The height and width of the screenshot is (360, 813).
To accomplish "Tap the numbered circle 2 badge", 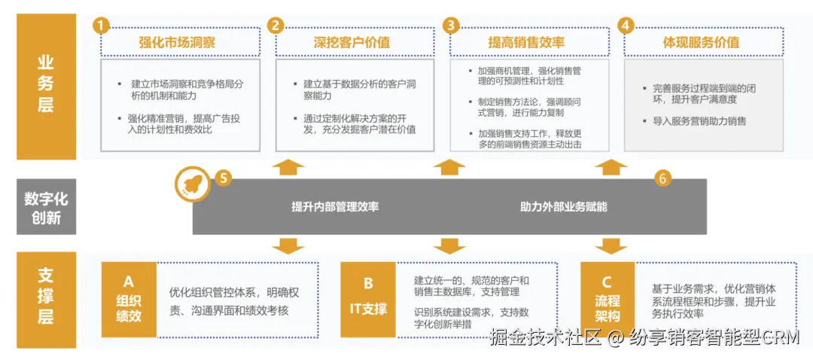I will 276,26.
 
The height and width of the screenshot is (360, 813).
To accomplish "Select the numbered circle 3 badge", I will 451,26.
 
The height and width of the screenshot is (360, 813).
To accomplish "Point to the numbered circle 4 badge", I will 626,26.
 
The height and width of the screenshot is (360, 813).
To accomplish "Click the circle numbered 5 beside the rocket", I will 223,178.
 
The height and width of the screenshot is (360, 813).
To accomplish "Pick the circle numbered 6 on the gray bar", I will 662,178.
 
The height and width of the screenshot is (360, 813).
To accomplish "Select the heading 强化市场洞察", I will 177,42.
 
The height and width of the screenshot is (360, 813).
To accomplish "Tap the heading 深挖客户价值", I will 352,42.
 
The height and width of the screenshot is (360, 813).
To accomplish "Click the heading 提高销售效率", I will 526,42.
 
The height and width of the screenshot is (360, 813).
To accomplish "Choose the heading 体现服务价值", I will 701,42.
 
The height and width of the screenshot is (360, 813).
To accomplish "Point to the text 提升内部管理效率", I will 335,206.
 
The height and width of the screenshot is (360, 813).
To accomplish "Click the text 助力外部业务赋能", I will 564,206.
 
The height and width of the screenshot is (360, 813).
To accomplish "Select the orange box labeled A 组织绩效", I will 129,299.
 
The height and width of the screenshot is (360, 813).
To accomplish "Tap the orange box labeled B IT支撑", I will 368,299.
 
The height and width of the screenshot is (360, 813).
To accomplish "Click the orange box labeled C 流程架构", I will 607,299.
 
